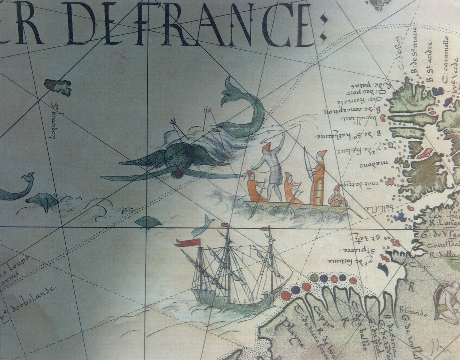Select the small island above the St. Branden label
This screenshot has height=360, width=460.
click(58, 86)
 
